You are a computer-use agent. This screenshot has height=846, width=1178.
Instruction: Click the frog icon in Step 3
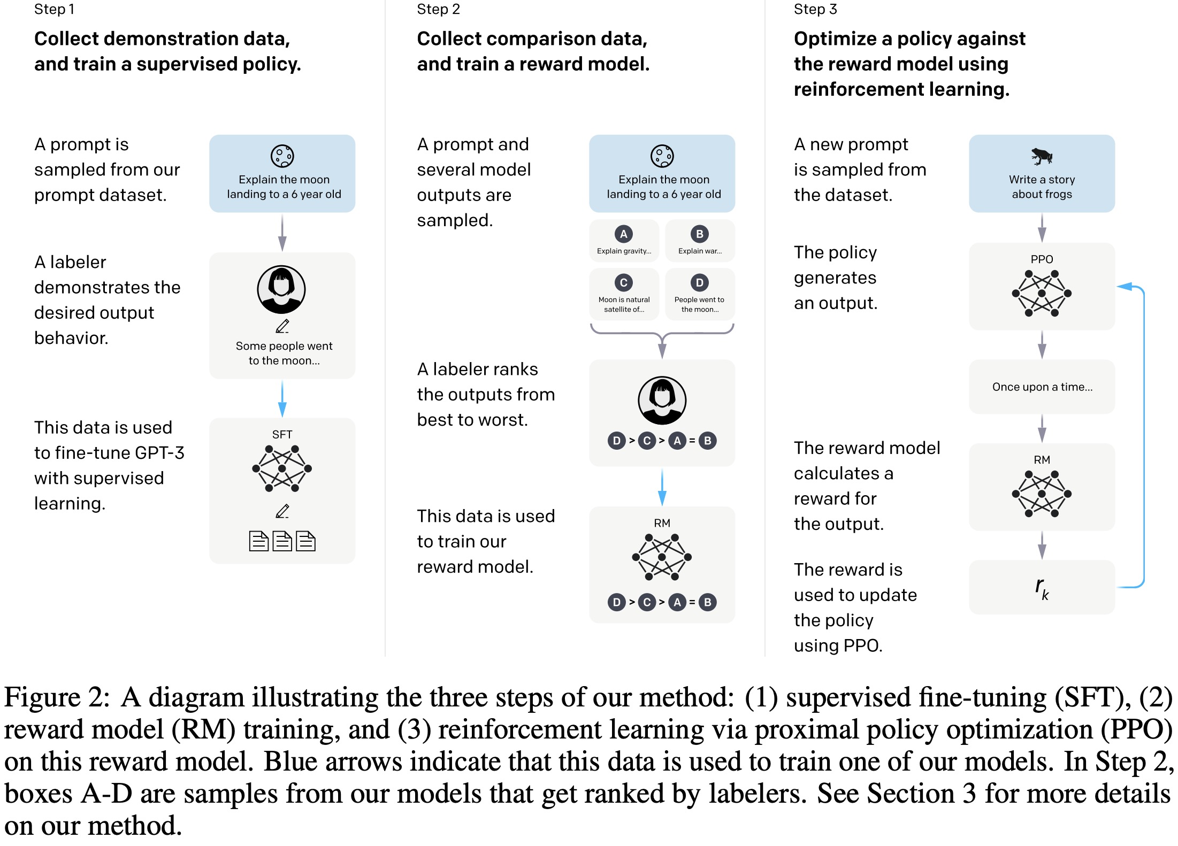coord(1042,156)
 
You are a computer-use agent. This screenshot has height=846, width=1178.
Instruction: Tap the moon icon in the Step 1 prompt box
coord(282,156)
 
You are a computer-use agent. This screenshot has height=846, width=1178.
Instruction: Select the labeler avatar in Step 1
coord(281,289)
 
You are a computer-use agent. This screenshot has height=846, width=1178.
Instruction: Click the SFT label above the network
coord(282,434)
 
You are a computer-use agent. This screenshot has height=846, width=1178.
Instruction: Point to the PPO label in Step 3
coord(1042,259)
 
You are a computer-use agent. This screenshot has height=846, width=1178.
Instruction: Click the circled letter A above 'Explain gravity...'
coord(624,234)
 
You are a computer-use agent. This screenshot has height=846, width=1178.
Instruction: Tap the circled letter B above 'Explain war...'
coord(700,234)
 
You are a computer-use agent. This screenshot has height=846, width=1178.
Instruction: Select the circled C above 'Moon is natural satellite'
coord(624,282)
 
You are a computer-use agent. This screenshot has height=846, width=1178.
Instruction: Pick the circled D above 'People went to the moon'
coord(700,282)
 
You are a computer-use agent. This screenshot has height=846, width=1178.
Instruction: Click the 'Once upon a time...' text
coord(1042,387)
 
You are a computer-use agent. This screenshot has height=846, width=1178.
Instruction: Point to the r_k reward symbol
coord(1042,588)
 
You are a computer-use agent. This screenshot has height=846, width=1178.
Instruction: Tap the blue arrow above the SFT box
coord(282,399)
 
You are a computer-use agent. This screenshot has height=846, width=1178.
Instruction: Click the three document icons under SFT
coord(282,541)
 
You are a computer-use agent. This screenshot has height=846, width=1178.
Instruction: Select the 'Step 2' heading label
coord(438,9)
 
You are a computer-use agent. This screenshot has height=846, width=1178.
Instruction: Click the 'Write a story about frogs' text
coord(1042,187)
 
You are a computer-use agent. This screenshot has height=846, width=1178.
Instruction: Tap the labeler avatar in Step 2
coord(662,401)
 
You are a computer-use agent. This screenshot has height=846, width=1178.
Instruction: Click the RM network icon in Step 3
coord(1042,494)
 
